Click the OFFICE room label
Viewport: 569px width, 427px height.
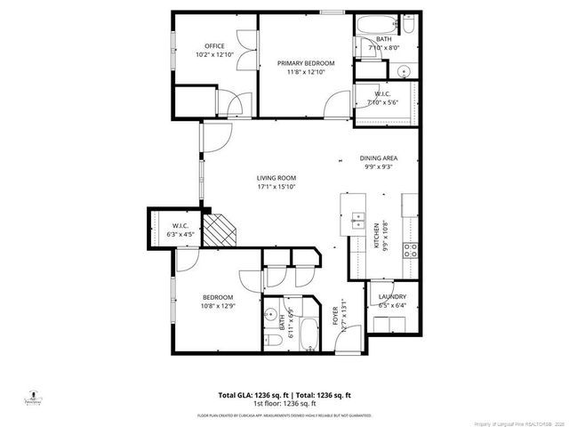(x=214, y=46)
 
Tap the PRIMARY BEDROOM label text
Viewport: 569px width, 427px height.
(x=305, y=63)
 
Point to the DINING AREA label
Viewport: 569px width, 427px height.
(x=377, y=157)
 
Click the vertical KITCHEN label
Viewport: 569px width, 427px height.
(x=376, y=237)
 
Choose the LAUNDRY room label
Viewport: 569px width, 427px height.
(x=392, y=296)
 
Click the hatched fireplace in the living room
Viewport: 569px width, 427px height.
(x=223, y=232)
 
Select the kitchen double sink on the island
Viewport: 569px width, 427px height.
(x=357, y=219)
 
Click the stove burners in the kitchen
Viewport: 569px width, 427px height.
(x=412, y=250)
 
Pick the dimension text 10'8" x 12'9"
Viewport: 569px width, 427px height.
(x=218, y=307)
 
